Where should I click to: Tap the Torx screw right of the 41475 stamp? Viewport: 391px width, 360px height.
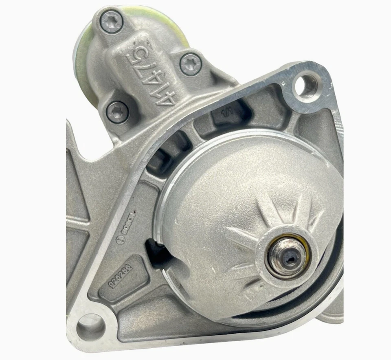click(190, 64)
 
